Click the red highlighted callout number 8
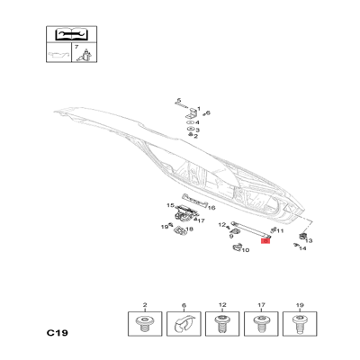[265, 240]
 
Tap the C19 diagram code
[58, 333]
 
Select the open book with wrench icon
[71, 34]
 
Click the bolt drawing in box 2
[145, 324]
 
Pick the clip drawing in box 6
[184, 324]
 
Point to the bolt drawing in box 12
[222, 324]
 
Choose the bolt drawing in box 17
[261, 324]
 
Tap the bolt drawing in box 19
[300, 324]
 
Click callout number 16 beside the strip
[211, 208]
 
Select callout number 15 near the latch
[170, 205]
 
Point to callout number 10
[246, 250]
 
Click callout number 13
[309, 240]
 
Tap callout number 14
[302, 248]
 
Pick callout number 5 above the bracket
[179, 100]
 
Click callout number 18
[189, 229]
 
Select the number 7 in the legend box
[76, 47]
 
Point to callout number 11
[280, 230]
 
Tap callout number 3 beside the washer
[197, 130]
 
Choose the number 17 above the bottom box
[261, 305]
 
